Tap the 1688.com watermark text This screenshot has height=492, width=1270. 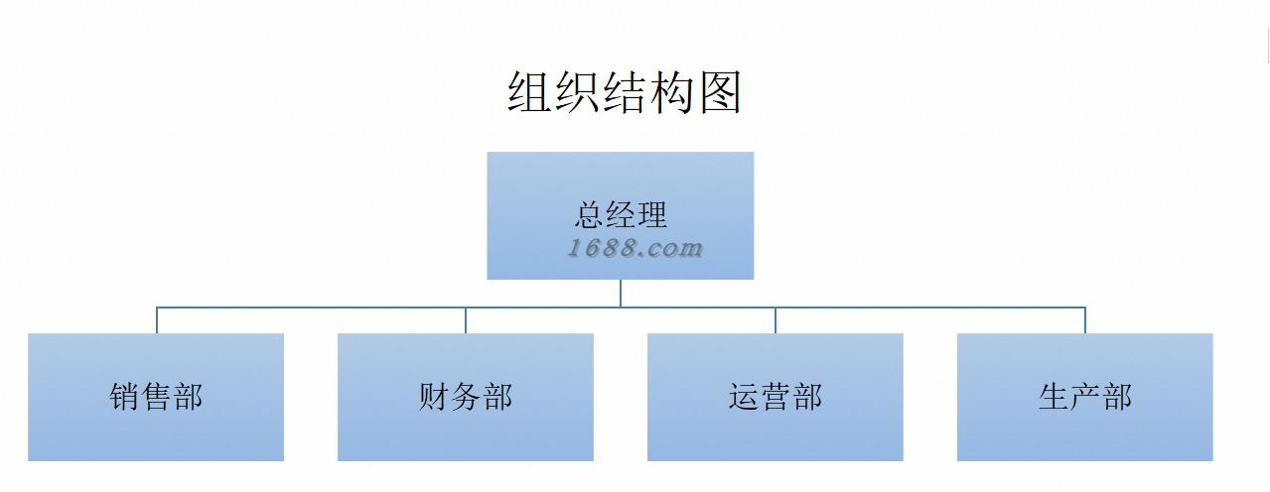[x=635, y=248]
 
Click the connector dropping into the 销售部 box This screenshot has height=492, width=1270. [x=156, y=320]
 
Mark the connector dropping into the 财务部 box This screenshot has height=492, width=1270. [x=466, y=320]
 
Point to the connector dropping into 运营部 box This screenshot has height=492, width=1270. [x=776, y=320]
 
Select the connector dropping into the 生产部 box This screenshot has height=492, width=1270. [x=1085, y=320]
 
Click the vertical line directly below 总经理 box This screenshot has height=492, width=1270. [x=621, y=293]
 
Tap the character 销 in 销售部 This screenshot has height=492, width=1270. [x=125, y=397]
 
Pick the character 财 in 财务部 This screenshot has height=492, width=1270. [x=435, y=397]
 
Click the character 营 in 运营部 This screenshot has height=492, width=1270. [x=776, y=397]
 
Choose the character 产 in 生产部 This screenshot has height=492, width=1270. [x=1085, y=397]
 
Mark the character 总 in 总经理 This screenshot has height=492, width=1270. [x=590, y=214]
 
